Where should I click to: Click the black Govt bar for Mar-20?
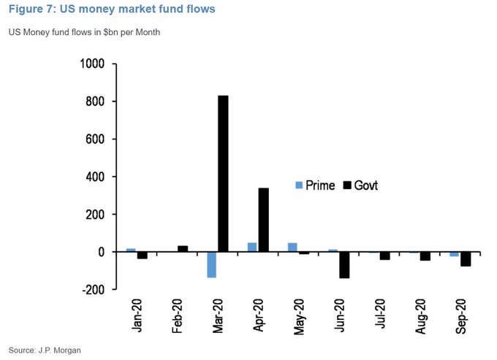(x=223, y=174)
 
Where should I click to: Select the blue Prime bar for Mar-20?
(x=211, y=264)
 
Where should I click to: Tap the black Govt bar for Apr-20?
(x=263, y=220)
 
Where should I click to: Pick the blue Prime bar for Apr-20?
(x=252, y=248)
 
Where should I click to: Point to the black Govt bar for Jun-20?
(x=344, y=264)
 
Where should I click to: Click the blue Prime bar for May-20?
(x=292, y=248)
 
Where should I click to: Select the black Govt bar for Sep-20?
(x=465, y=258)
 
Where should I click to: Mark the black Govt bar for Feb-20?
(x=183, y=249)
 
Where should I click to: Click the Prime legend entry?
(x=315, y=185)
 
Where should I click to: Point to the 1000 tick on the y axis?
(x=93, y=64)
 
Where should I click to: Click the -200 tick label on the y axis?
(x=93, y=290)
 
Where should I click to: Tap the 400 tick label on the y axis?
(x=96, y=177)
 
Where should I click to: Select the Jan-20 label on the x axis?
(x=137, y=316)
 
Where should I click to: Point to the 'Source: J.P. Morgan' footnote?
(x=45, y=351)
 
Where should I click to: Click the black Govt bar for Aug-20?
(x=425, y=256)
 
